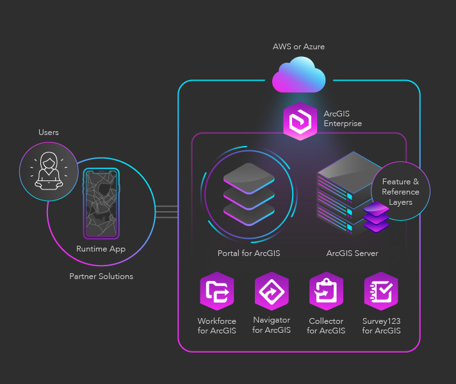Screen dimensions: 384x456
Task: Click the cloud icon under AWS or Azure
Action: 298,75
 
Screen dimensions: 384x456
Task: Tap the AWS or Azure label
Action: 298,47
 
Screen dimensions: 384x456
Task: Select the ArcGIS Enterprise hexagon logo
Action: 300,120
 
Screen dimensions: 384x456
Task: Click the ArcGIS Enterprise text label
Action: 343,118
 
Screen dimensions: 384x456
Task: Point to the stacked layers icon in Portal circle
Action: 248,193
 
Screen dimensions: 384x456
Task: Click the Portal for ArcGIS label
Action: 248,253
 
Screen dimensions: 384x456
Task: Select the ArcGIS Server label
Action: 352,253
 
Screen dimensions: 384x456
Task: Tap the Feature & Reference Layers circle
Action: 400,191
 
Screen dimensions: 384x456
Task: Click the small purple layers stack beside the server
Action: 376,218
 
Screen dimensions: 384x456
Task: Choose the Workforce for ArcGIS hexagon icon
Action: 217,291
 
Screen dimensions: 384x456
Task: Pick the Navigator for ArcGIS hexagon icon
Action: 272,291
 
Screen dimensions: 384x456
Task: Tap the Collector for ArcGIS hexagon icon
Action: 326,291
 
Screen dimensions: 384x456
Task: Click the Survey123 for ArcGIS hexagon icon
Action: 381,291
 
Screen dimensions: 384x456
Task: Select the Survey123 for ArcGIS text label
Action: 381,326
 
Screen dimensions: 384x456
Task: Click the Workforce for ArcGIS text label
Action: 217,326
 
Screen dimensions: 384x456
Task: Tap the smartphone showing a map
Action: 101,203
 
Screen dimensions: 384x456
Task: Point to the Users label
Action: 49,132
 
